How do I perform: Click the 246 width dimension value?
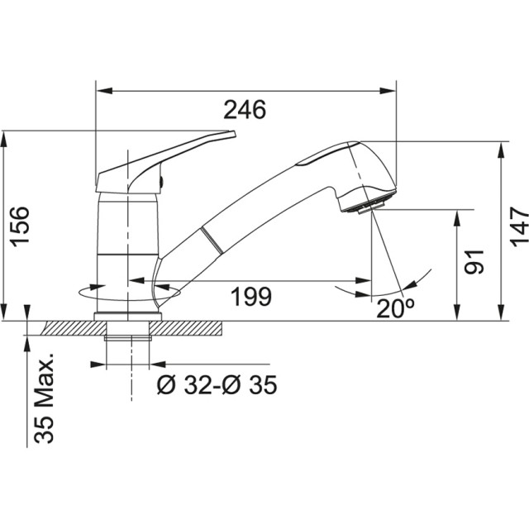[x=245, y=110]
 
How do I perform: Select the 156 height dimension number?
[x=19, y=226]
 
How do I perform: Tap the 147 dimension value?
[x=519, y=226]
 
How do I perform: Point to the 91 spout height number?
[x=474, y=262]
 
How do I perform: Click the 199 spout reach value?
[x=251, y=297]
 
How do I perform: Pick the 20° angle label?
[x=395, y=308]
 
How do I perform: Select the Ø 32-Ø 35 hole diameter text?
[x=217, y=384]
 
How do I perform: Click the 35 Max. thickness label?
[x=44, y=398]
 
